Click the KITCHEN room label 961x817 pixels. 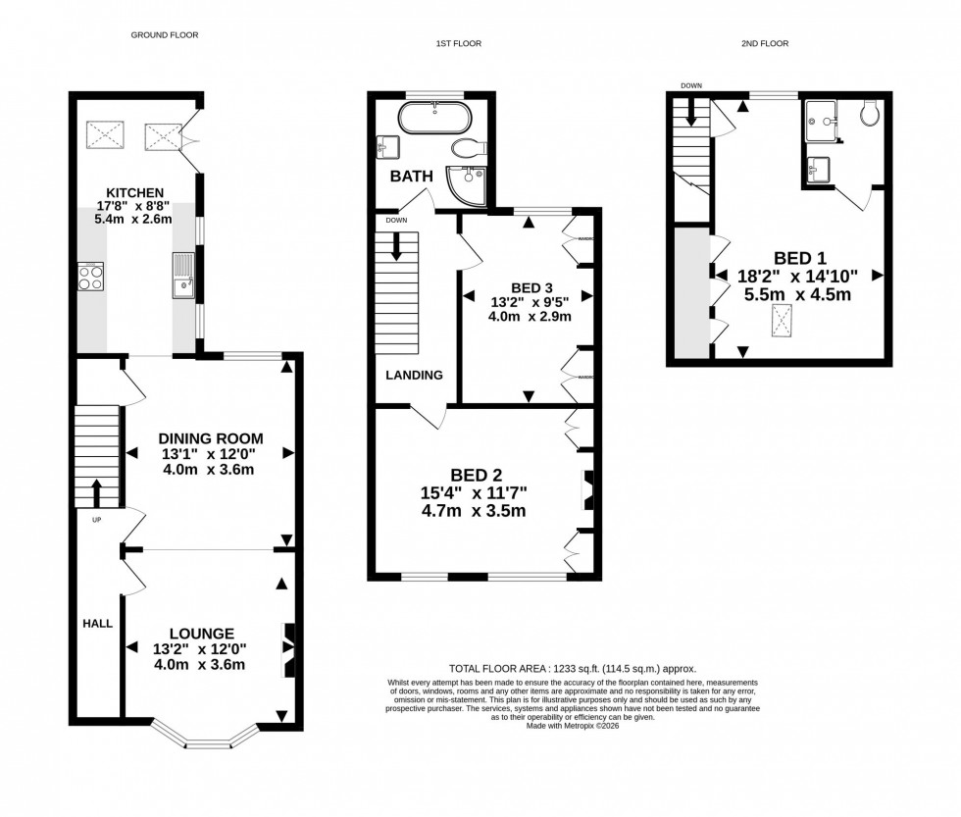pyautogui.click(x=134, y=191)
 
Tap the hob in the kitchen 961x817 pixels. pyautogui.click(x=91, y=277)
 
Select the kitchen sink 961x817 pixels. pyautogui.click(x=182, y=275)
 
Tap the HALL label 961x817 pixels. pyautogui.click(x=97, y=623)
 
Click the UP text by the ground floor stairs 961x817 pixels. pyautogui.click(x=96, y=519)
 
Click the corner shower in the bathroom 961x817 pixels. pyautogui.click(x=467, y=182)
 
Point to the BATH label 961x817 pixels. pyautogui.click(x=411, y=178)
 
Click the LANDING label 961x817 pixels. pyautogui.click(x=414, y=375)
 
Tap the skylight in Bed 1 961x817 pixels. pyautogui.click(x=783, y=320)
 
